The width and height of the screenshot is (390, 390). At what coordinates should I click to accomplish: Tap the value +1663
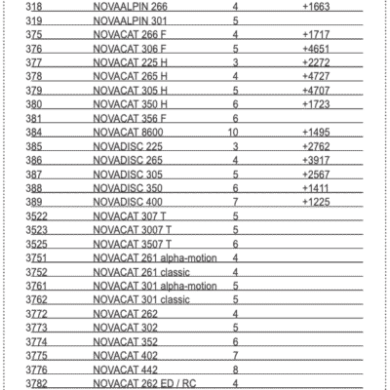coord(318,5)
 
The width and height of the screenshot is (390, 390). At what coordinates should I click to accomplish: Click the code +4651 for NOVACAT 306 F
coord(318,47)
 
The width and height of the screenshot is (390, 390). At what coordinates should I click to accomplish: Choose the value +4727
coord(318,75)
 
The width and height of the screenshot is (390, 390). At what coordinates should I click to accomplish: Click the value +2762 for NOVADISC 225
coord(318,145)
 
